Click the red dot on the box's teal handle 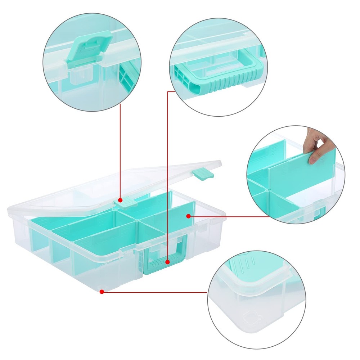(x=167, y=262)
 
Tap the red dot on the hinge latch (x=121, y=200)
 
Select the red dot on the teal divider (x=188, y=216)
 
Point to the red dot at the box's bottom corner (x=102, y=292)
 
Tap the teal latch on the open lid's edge (x=204, y=174)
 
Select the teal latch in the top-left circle (x=87, y=47)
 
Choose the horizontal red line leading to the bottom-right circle (x=155, y=292)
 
